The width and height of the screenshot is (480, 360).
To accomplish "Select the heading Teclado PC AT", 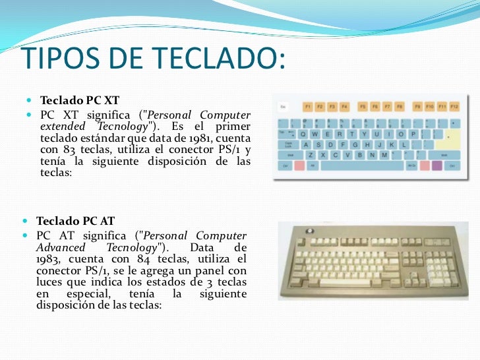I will [76, 221].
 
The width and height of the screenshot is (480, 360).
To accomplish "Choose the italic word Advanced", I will [61, 247].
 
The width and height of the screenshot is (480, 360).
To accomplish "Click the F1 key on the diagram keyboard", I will [307, 106].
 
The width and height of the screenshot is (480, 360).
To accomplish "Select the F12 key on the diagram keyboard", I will [454, 106].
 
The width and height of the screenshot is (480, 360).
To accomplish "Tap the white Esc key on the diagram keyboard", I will [284, 106].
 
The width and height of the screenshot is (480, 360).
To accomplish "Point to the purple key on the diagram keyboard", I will [436, 165].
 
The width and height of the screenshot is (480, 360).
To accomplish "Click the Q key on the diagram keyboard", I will [304, 132].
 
